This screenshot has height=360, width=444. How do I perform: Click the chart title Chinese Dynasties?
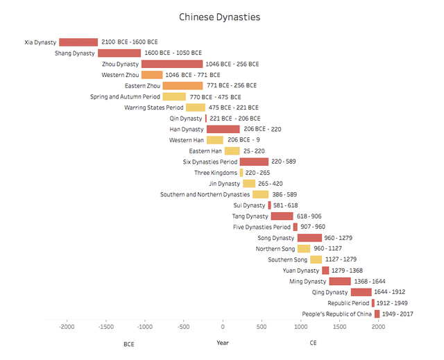click(x=220, y=17)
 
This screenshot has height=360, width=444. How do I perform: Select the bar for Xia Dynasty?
click(x=78, y=42)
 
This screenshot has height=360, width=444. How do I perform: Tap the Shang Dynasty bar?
click(x=119, y=53)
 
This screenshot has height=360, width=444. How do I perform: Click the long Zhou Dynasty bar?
click(x=172, y=64)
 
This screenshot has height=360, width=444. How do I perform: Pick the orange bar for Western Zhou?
click(x=152, y=75)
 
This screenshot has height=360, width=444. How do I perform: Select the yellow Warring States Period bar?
click(x=196, y=108)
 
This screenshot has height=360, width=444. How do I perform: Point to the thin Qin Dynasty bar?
click(x=206, y=119)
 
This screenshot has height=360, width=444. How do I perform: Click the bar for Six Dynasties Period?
click(x=254, y=162)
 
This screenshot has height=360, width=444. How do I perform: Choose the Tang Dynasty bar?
click(x=282, y=216)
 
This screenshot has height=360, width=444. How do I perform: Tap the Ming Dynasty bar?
click(x=340, y=282)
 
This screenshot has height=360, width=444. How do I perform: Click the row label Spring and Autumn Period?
click(x=125, y=97)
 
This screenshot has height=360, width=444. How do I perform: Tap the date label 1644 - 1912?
click(x=390, y=293)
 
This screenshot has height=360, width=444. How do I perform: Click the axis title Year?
click(x=222, y=343)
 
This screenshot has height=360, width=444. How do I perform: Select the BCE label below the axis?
click(x=129, y=344)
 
